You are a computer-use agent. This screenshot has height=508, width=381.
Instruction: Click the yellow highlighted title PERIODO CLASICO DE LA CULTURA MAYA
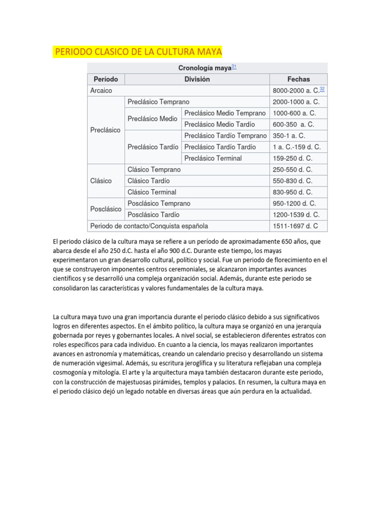[138, 52]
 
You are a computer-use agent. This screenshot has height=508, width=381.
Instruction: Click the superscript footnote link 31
[234, 66]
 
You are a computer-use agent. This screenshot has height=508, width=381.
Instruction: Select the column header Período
[106, 79]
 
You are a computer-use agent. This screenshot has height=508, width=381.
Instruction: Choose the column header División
[197, 79]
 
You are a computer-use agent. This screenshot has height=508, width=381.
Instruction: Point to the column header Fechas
[298, 79]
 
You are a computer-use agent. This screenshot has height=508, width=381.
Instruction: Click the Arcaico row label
[102, 91]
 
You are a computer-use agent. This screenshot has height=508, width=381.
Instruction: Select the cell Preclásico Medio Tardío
[219, 125]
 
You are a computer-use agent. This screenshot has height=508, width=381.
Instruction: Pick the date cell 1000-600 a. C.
[294, 113]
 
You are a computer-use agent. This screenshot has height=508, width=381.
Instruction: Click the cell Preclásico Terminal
[213, 158]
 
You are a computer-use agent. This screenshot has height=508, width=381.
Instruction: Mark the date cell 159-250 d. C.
[292, 158]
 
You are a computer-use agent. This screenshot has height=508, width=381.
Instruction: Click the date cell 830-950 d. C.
[292, 192]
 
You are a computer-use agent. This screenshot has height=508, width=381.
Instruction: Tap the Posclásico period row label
[106, 209]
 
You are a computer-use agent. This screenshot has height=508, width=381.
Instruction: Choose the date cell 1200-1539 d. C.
[296, 215]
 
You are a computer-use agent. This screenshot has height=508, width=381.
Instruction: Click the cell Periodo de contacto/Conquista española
[149, 226]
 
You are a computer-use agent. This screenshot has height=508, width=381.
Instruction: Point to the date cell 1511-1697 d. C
[295, 226]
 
